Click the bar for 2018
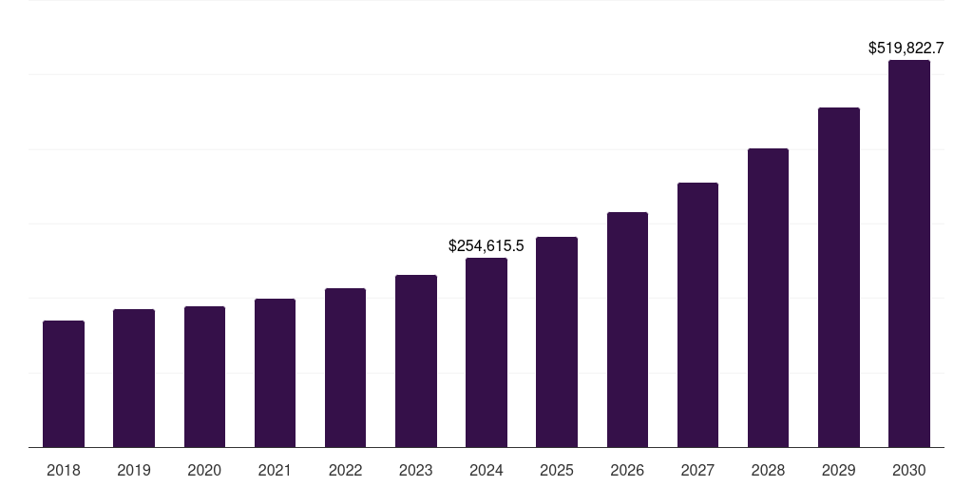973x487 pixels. (x=64, y=384)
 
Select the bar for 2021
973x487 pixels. (x=275, y=373)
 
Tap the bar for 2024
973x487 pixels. (x=486, y=353)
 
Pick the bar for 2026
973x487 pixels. (x=627, y=330)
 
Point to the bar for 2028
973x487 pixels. (x=768, y=298)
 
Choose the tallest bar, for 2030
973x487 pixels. (x=909, y=254)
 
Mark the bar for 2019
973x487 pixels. (x=134, y=379)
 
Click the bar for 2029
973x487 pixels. (x=839, y=278)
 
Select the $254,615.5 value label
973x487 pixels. (x=486, y=245)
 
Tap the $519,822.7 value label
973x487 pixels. (x=906, y=48)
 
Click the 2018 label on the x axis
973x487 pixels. (x=64, y=470)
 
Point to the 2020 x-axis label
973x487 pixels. (x=204, y=470)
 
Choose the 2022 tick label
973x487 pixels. (x=345, y=470)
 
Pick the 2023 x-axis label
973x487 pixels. (x=416, y=470)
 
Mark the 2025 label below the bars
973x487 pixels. (x=557, y=470)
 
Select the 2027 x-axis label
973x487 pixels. (x=697, y=470)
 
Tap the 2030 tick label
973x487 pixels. (x=909, y=470)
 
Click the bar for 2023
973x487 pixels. (x=416, y=361)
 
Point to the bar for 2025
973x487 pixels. (x=557, y=342)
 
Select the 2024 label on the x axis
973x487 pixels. (x=486, y=470)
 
